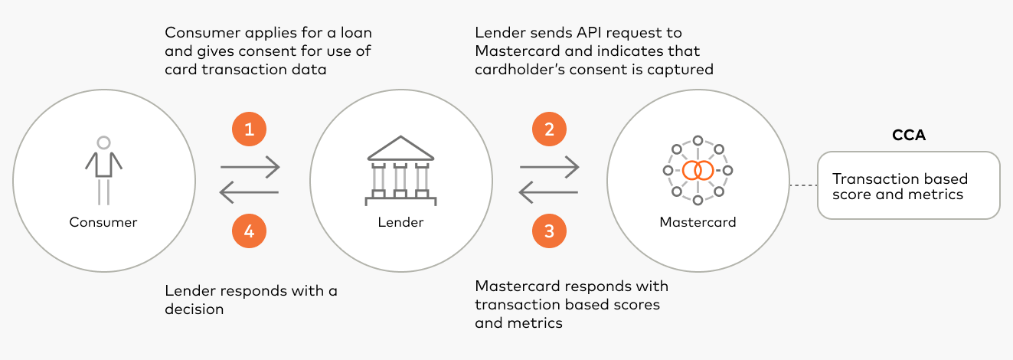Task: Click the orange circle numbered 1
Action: pyautogui.click(x=249, y=129)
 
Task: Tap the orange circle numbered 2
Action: pyautogui.click(x=549, y=129)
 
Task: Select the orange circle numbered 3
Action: pyautogui.click(x=549, y=231)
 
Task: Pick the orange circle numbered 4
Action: pyautogui.click(x=249, y=231)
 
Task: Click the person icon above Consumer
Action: pyautogui.click(x=103, y=170)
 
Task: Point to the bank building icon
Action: pyautogui.click(x=400, y=171)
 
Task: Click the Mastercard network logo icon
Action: pyautogui.click(x=698, y=170)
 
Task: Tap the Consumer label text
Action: pyautogui.click(x=103, y=223)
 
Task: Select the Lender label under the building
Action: pyautogui.click(x=400, y=223)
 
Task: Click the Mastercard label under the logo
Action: pyautogui.click(x=698, y=223)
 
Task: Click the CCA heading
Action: pyautogui.click(x=908, y=136)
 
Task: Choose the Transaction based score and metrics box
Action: pyautogui.click(x=908, y=186)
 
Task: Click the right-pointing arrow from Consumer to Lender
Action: pyautogui.click(x=250, y=165)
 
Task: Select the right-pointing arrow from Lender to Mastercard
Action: pyautogui.click(x=549, y=165)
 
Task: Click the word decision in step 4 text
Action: pyautogui.click(x=194, y=309)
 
